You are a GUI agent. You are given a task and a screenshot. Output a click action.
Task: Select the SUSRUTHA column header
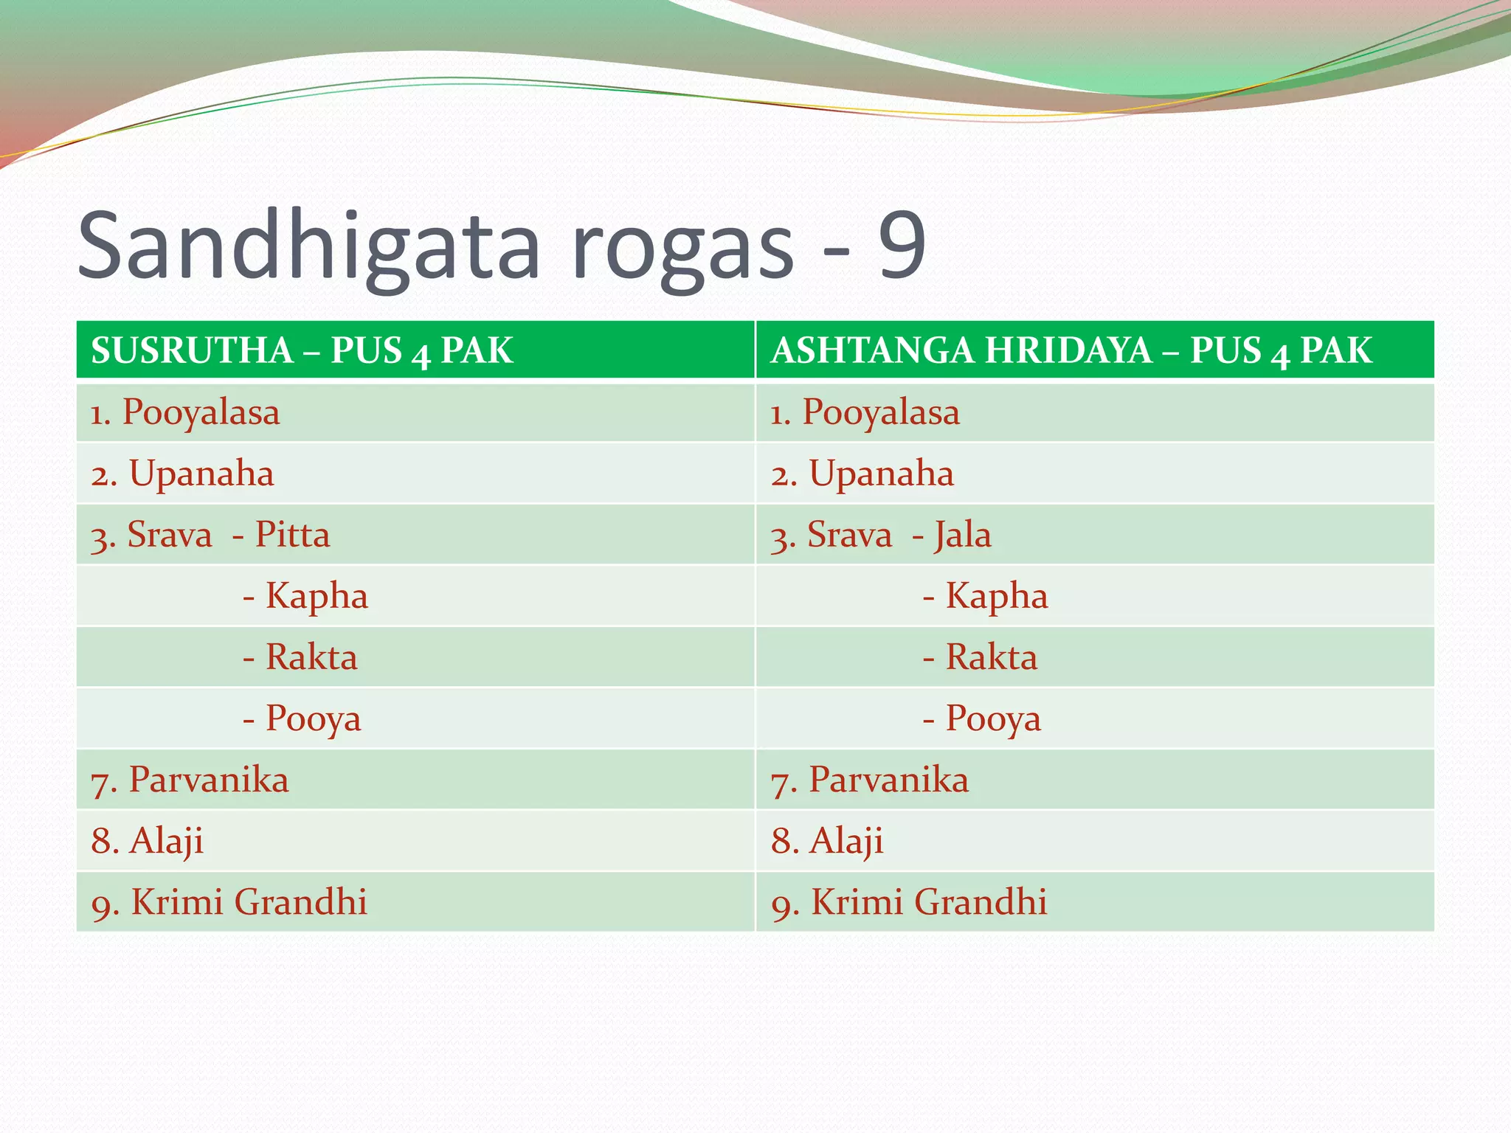click(192, 350)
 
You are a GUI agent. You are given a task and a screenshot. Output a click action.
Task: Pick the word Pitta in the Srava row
click(292, 535)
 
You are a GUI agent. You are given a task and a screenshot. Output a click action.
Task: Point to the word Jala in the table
click(963, 535)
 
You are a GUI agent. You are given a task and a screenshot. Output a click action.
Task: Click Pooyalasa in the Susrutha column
click(201, 412)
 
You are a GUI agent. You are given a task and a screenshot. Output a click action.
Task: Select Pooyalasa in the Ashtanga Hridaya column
click(881, 412)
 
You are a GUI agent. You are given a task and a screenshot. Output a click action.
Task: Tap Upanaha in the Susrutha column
click(201, 474)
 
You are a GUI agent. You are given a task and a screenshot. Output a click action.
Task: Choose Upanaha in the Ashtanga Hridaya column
click(881, 474)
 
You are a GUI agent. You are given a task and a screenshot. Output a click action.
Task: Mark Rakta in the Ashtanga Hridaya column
click(991, 657)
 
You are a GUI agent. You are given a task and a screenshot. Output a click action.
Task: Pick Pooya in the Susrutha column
click(313, 718)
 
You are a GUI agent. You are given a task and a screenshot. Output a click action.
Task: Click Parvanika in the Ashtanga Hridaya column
click(888, 780)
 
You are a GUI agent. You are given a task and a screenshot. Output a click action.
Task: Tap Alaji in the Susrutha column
click(166, 841)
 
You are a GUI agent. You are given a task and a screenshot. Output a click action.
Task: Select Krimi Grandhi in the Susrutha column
click(249, 902)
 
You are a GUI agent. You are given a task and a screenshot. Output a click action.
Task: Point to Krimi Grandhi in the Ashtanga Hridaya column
click(929, 902)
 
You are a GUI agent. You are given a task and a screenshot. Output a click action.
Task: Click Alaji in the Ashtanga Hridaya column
click(846, 841)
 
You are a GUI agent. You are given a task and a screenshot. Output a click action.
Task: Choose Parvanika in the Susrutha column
click(208, 780)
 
